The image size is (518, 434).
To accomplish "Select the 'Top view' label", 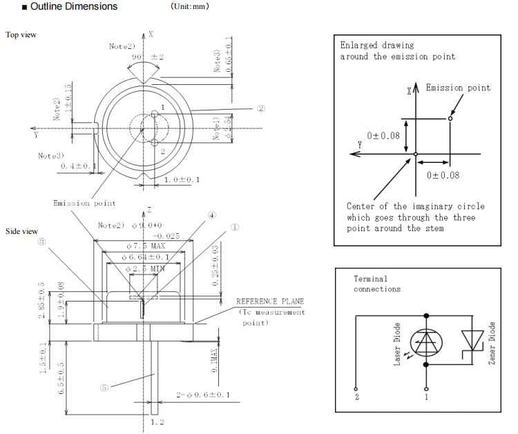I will [x=21, y=34].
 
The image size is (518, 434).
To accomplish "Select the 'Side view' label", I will [x=21, y=231].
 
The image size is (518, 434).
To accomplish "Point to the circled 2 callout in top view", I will [x=261, y=108].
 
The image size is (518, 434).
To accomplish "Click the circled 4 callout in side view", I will [x=212, y=215].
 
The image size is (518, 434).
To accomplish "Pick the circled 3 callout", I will [x=42, y=241].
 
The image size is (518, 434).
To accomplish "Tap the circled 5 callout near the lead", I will [x=104, y=387].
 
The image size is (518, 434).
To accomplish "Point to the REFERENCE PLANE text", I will [x=270, y=302].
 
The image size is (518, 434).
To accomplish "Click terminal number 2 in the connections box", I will [x=357, y=398].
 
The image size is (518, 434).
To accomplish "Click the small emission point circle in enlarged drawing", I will [x=450, y=119].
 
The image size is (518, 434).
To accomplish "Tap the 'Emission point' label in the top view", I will [x=84, y=204].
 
